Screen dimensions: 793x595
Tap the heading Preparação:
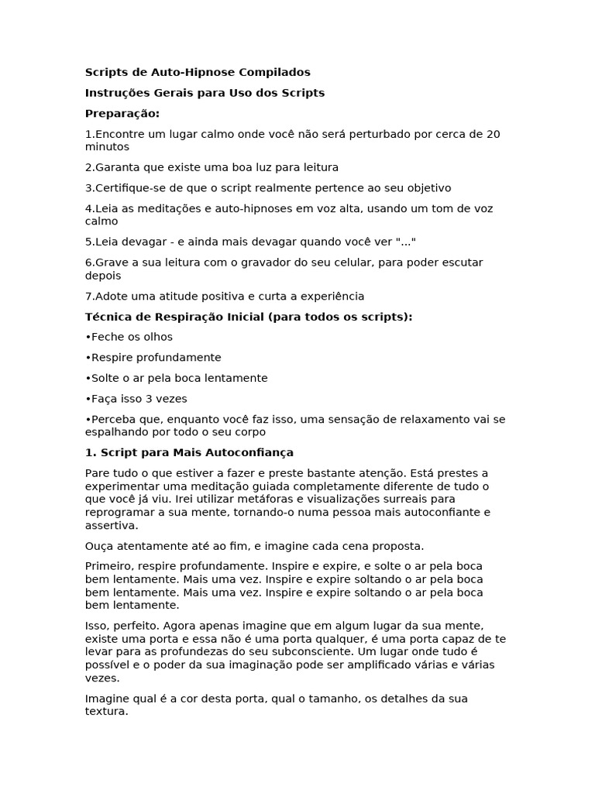[122, 114]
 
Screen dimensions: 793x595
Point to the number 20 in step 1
[493, 134]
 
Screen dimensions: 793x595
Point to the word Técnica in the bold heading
[106, 317]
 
